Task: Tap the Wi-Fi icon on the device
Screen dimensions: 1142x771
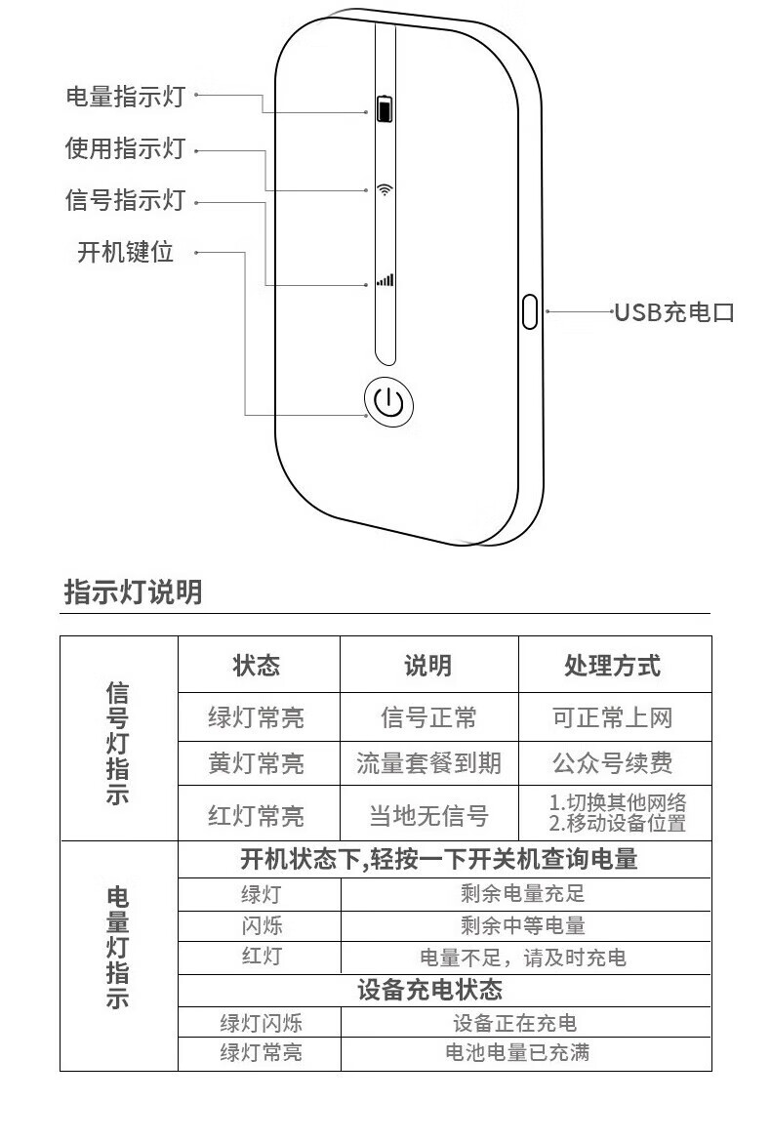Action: point(385,189)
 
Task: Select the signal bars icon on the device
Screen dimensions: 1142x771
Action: point(385,280)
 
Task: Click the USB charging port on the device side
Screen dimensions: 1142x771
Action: point(530,311)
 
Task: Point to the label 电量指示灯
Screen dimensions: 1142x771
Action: point(125,96)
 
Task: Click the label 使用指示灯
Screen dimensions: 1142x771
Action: point(125,149)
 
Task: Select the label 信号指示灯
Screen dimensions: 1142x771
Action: point(125,201)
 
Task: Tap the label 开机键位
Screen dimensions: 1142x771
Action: point(125,252)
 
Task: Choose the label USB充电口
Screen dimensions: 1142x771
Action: point(673,312)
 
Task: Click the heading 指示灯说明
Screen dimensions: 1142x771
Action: point(133,591)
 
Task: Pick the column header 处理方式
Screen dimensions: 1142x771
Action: point(612,666)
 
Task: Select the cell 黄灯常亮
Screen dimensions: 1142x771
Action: point(256,763)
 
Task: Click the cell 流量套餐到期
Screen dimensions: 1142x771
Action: point(428,763)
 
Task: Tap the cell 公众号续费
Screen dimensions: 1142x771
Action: point(612,763)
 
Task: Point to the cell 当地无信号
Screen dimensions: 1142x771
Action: point(428,815)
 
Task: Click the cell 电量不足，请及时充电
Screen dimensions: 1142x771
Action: point(523,958)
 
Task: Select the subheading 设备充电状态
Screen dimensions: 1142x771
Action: point(429,990)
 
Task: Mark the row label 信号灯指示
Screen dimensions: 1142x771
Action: point(117,743)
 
